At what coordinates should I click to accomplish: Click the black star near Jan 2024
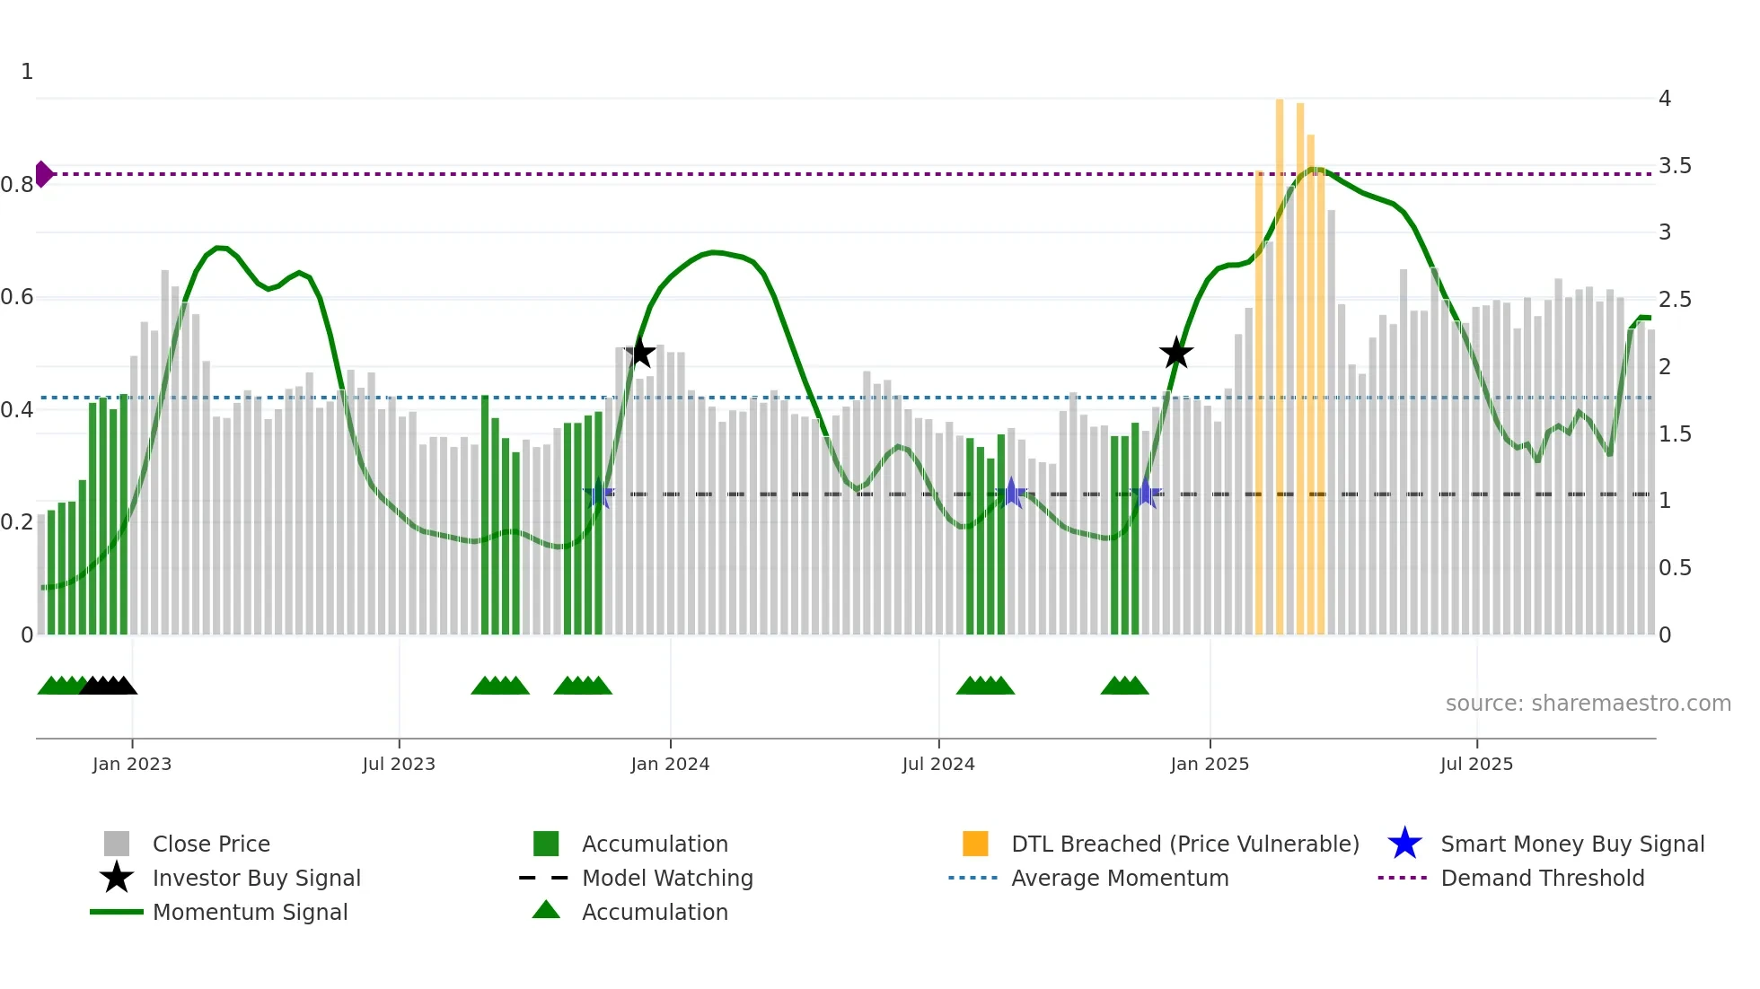click(639, 353)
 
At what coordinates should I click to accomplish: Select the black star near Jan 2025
click(1175, 353)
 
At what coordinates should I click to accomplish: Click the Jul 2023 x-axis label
click(399, 764)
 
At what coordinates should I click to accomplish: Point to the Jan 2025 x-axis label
click(1209, 764)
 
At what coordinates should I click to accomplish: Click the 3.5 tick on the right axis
click(1674, 166)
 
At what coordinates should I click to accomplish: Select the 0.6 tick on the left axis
click(17, 297)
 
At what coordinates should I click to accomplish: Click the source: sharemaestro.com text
click(1588, 704)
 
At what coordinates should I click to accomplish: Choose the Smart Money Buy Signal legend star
click(1404, 844)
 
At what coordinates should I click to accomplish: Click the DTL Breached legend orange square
click(975, 844)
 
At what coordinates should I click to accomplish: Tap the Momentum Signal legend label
click(250, 912)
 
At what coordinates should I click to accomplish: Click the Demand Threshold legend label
click(1542, 878)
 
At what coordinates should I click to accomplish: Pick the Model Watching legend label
click(667, 878)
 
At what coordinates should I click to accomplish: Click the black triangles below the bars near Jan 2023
click(109, 687)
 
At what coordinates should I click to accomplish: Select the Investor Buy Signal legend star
click(117, 878)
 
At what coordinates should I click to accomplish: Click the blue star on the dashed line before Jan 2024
click(598, 494)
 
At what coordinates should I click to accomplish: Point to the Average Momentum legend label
click(1119, 878)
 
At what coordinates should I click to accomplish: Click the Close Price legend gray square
click(117, 844)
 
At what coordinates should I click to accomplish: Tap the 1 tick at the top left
click(27, 72)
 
